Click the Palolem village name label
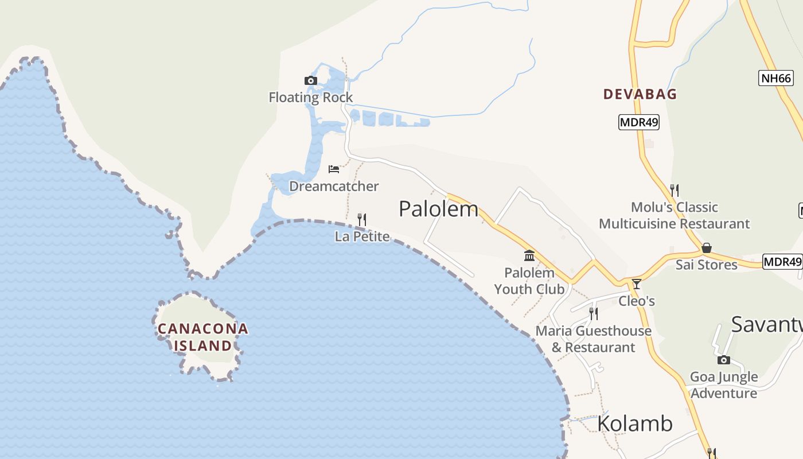pyautogui.click(x=438, y=209)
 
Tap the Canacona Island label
pyautogui.click(x=203, y=337)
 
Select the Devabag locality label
pyautogui.click(x=640, y=94)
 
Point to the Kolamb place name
pyautogui.click(x=634, y=423)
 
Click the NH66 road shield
pyautogui.click(x=775, y=78)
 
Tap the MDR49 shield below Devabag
pyautogui.click(x=638, y=122)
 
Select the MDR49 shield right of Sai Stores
pyautogui.click(x=782, y=262)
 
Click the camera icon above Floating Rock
pyautogui.click(x=310, y=80)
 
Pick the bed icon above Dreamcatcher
pyautogui.click(x=334, y=169)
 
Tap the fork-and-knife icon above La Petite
pyautogui.click(x=362, y=219)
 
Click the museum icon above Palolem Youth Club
pyautogui.click(x=529, y=255)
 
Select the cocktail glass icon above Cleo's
pyautogui.click(x=636, y=284)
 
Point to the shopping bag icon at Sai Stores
pyautogui.click(x=707, y=248)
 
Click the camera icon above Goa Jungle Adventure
pyautogui.click(x=724, y=360)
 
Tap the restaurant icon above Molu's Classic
pyautogui.click(x=675, y=190)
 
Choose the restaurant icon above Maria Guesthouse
pyautogui.click(x=594, y=313)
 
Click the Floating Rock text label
pyautogui.click(x=311, y=98)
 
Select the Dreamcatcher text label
pyautogui.click(x=334, y=186)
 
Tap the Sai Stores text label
pyautogui.click(x=706, y=264)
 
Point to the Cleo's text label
pyautogui.click(x=636, y=301)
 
